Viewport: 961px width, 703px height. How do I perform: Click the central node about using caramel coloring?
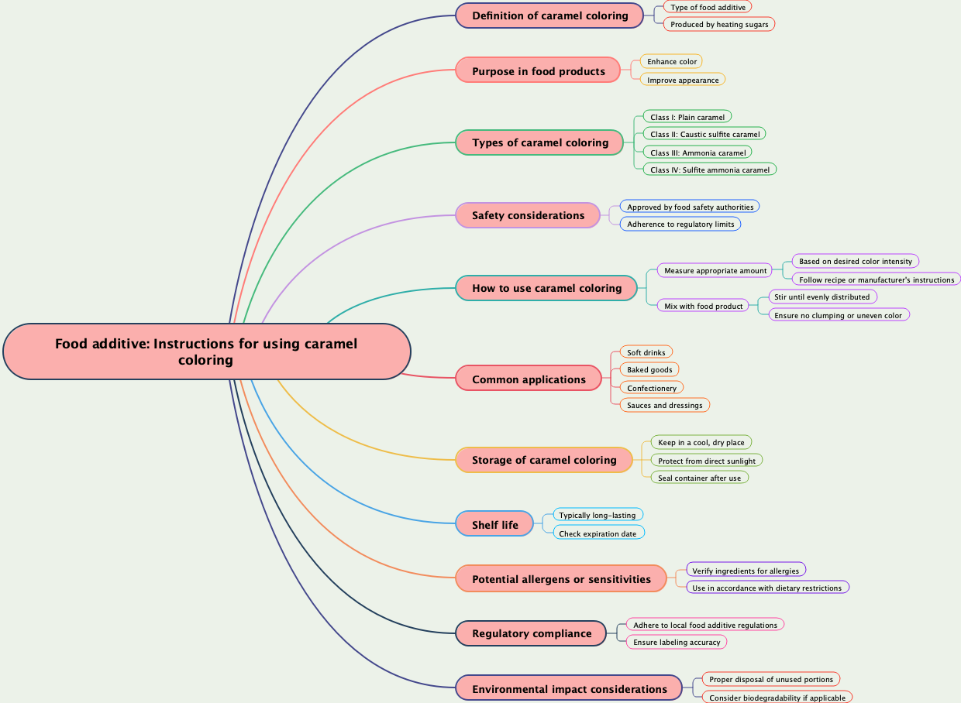click(x=206, y=351)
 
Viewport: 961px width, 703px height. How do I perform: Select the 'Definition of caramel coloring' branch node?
click(x=549, y=15)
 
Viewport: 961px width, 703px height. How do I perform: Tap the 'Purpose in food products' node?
click(x=538, y=71)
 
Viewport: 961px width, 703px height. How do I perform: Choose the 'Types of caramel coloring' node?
click(x=539, y=142)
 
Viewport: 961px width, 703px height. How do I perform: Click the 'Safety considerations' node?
click(x=528, y=215)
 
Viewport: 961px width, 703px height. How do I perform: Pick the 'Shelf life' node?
click(x=494, y=525)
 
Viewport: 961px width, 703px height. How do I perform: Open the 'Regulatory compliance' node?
click(x=531, y=633)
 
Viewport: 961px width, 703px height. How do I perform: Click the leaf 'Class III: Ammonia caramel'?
click(x=697, y=153)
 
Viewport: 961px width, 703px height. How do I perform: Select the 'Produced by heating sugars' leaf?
click(x=719, y=24)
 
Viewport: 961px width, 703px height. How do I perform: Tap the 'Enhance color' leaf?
click(x=672, y=61)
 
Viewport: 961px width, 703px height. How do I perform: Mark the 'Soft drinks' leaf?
click(x=646, y=352)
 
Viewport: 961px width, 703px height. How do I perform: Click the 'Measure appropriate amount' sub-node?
click(x=715, y=270)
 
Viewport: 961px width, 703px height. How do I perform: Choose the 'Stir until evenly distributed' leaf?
click(x=822, y=297)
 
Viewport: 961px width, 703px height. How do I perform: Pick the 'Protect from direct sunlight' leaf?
click(x=706, y=461)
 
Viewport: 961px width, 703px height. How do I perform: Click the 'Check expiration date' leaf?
click(x=598, y=533)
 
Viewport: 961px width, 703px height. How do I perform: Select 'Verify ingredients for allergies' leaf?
click(x=746, y=571)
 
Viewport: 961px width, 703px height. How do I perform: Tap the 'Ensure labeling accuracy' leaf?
click(x=677, y=642)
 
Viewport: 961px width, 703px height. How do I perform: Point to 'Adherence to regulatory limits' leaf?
click(x=680, y=224)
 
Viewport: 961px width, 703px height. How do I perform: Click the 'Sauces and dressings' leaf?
click(x=664, y=405)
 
